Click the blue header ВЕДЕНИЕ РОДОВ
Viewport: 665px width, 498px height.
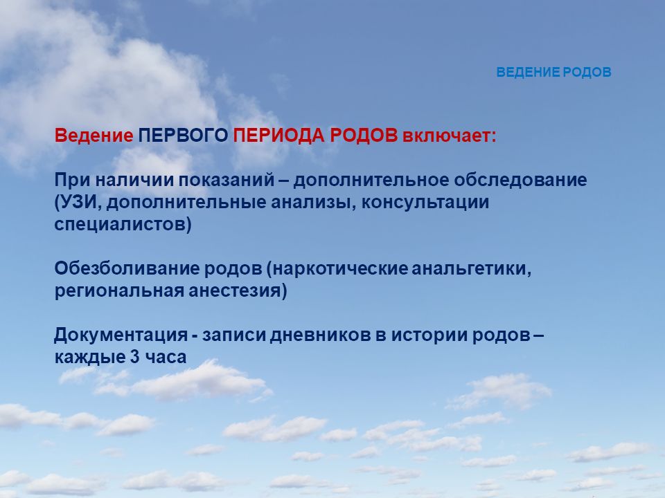pos(554,72)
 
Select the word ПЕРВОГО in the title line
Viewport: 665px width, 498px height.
pos(183,136)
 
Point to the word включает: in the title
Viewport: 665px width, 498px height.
pos(449,136)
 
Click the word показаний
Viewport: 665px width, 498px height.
pos(226,180)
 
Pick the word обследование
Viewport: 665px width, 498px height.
pos(520,180)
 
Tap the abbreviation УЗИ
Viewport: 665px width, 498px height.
pos(79,202)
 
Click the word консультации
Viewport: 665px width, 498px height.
pos(425,203)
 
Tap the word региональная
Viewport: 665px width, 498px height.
pos(119,291)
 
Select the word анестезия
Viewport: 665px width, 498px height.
pos(235,291)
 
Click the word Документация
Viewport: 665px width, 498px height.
pos(121,335)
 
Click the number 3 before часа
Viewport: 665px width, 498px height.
pos(135,357)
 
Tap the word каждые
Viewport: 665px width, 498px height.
pos(89,357)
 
